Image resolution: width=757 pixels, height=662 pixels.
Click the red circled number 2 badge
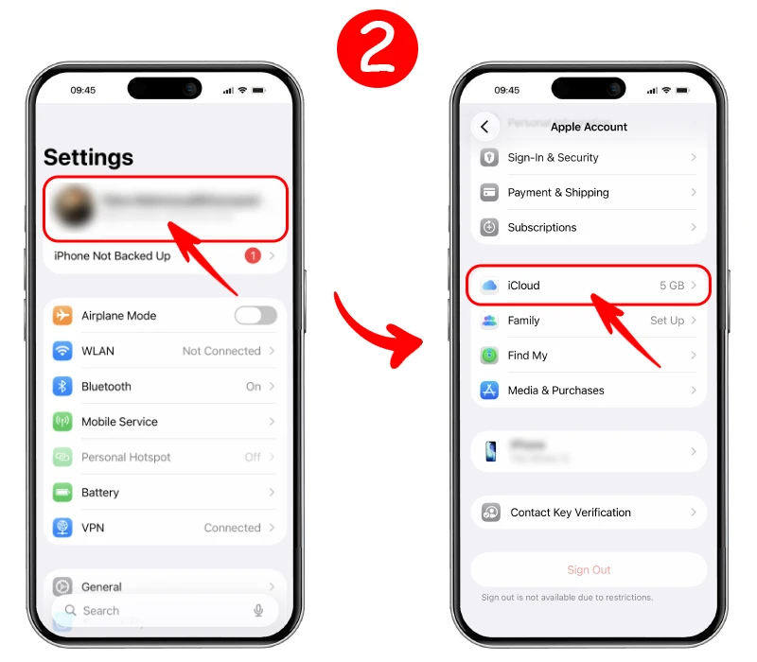(378, 48)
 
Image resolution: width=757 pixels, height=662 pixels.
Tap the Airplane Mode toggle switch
(255, 316)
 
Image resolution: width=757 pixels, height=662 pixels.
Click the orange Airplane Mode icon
(62, 316)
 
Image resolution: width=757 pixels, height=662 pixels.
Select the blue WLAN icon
(62, 351)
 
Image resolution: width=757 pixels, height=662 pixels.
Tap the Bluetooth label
(106, 387)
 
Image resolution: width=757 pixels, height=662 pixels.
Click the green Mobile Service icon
(62, 422)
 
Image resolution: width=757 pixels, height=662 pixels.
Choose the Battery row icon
(62, 493)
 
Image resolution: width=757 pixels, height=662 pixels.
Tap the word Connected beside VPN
(232, 528)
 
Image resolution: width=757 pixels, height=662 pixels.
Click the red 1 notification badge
(253, 255)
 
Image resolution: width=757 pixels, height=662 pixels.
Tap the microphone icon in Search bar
(258, 611)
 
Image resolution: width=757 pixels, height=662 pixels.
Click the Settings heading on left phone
(88, 157)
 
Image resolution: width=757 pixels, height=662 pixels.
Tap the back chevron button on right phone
(484, 127)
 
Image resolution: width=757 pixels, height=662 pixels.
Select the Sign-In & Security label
(553, 158)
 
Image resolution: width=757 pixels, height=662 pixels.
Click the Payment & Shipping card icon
(489, 193)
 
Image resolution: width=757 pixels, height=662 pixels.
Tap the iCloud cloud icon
(489, 286)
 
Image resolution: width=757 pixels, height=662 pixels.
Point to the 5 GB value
(671, 286)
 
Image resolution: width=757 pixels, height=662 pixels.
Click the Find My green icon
(489, 356)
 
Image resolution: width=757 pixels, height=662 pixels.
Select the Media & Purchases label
(555, 391)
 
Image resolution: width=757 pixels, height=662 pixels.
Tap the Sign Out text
(589, 570)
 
